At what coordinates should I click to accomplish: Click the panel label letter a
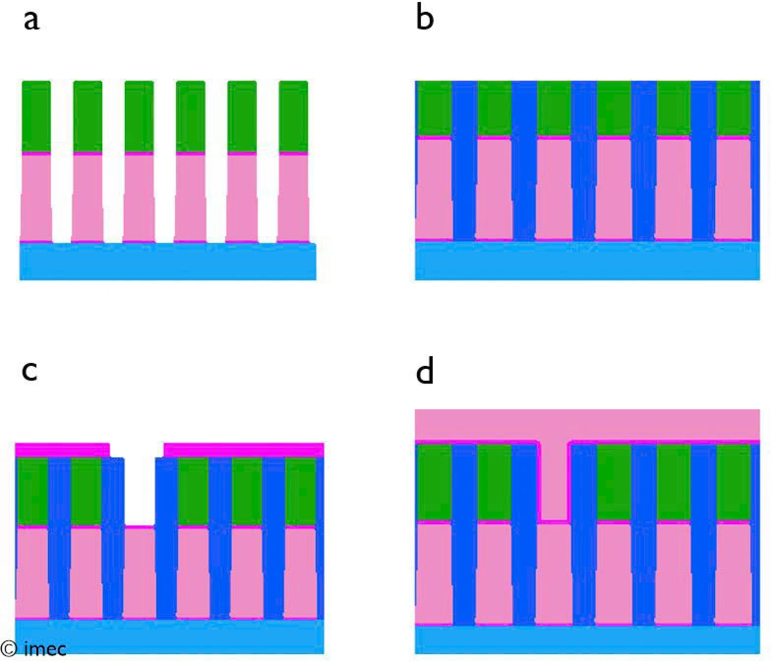pyautogui.click(x=31, y=20)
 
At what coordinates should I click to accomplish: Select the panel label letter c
pyautogui.click(x=30, y=370)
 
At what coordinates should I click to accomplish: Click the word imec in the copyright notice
pyautogui.click(x=45, y=649)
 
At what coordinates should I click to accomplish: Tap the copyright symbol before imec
pyautogui.click(x=9, y=649)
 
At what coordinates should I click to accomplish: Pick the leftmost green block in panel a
pyautogui.click(x=36, y=116)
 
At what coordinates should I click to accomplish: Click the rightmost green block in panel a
pyautogui.click(x=293, y=116)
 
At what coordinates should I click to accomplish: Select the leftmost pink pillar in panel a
pyautogui.click(x=36, y=197)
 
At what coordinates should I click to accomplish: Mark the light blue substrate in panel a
pyautogui.click(x=168, y=262)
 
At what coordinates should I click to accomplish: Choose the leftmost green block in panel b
pyautogui.click(x=434, y=109)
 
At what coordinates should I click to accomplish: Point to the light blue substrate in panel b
pyautogui.click(x=587, y=261)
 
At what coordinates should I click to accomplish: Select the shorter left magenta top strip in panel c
pyautogui.click(x=62, y=450)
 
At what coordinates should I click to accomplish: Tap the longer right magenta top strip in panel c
pyautogui.click(x=244, y=450)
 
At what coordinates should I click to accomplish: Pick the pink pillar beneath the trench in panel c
pyautogui.click(x=139, y=572)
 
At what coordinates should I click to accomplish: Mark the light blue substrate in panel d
pyautogui.click(x=587, y=639)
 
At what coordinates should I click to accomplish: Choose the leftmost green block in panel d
pyautogui.click(x=434, y=482)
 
